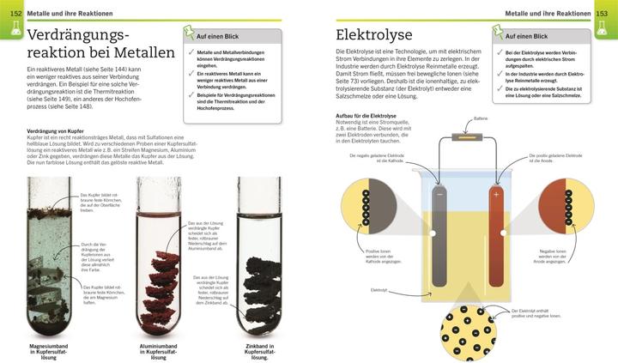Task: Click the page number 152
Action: point(16,13)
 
